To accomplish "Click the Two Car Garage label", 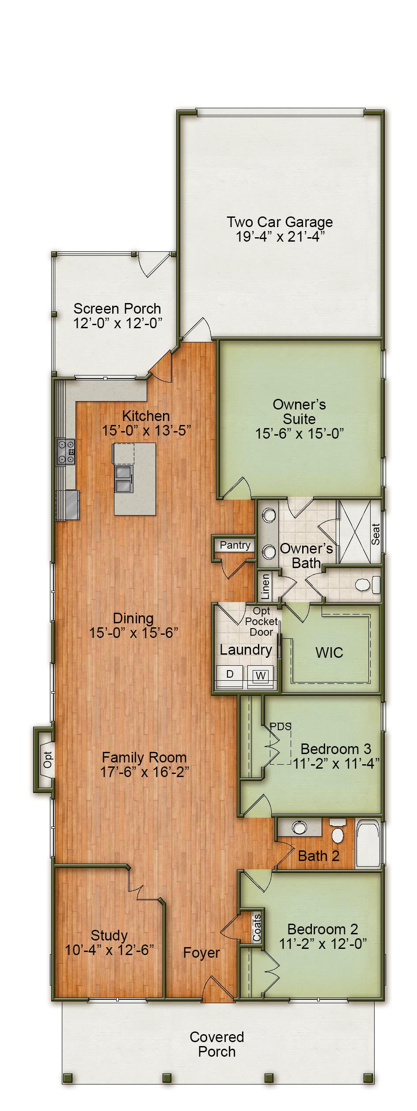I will pos(279,222).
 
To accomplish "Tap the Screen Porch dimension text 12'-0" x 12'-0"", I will pos(117,323).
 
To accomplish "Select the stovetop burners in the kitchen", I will pos(65,452).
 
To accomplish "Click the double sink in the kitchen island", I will pos(124,479).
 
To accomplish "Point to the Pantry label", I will pos(235,545).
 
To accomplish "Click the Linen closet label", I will pos(265,587).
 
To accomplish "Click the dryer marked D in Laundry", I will pos(230,674).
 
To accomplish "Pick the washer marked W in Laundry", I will pos(261,675).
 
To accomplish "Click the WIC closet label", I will pos(329,652).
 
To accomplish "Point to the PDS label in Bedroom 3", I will pos(281,726).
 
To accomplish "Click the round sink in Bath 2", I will pos(300,827).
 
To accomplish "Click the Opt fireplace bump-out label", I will pos(47,760).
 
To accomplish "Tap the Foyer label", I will pos(201,953).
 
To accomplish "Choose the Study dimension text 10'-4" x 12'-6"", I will pos(109,950).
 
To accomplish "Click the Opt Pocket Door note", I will pos(262,622).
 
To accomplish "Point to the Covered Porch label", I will pos(216,1044).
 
